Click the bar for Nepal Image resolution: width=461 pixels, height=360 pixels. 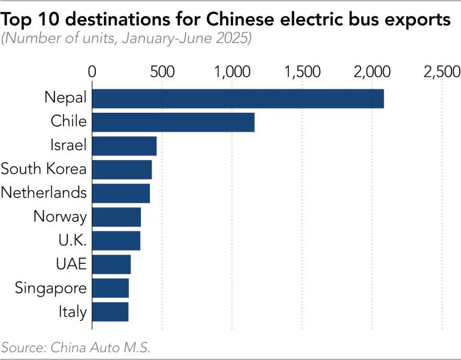(237, 98)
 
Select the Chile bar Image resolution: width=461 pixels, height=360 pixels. (173, 122)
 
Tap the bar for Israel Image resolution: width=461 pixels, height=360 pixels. (124, 146)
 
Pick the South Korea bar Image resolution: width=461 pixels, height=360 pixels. (122, 169)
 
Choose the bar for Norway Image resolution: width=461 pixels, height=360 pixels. (116, 217)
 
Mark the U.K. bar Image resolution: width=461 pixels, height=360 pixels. (116, 241)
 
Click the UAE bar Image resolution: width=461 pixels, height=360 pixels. (112, 264)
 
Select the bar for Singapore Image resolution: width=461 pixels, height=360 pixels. (110, 288)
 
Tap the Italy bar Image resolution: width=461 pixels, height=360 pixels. (110, 311)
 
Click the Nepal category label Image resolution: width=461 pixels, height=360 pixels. (65, 98)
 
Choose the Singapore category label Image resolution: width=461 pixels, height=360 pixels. (51, 288)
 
